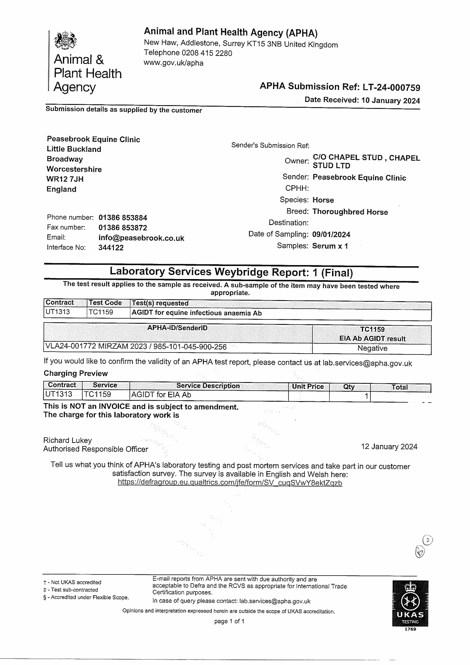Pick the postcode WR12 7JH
tap(65, 179)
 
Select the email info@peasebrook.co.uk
tap(141, 238)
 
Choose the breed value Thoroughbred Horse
tap(350, 212)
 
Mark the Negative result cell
tap(372, 348)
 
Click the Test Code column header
tap(105, 303)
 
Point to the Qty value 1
tap(366, 396)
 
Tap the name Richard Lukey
tap(67, 440)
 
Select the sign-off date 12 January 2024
tap(389, 447)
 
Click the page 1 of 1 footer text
tap(229, 621)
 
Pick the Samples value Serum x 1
tap(330, 246)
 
